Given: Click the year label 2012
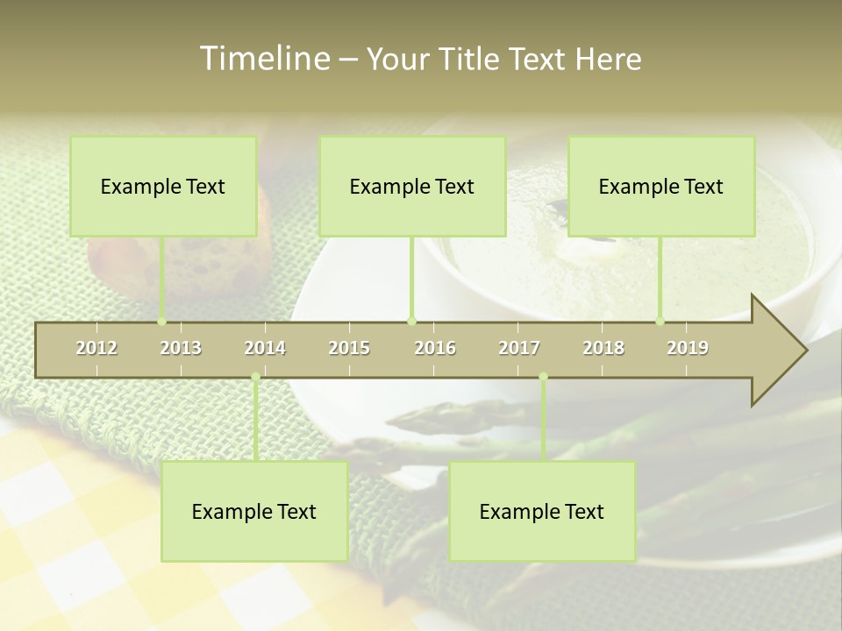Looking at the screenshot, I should point(96,348).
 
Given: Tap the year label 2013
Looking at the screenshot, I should point(181,348).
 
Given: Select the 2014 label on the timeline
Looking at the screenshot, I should point(265,348).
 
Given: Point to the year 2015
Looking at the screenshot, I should point(349,348).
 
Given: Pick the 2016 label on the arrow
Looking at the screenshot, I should point(435,348).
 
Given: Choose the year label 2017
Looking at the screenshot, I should point(519,348).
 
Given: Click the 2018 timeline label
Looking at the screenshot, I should point(603,348).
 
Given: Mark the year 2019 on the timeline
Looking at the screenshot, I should point(688,348).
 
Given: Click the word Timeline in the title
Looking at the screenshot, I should point(262,59).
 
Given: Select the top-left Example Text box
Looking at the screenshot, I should point(163,186).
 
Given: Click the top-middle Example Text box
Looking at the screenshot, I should point(412,186).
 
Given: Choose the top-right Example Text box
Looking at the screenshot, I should point(661,186).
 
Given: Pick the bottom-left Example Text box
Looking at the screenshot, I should point(254,511).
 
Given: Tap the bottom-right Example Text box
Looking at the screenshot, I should point(542,511).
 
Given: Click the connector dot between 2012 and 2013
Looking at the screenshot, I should point(162,322).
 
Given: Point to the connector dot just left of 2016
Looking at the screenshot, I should point(411,322).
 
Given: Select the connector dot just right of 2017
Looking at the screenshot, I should point(543,377).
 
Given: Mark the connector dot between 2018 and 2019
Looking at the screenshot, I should point(660,322).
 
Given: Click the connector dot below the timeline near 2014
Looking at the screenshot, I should point(255,377).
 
